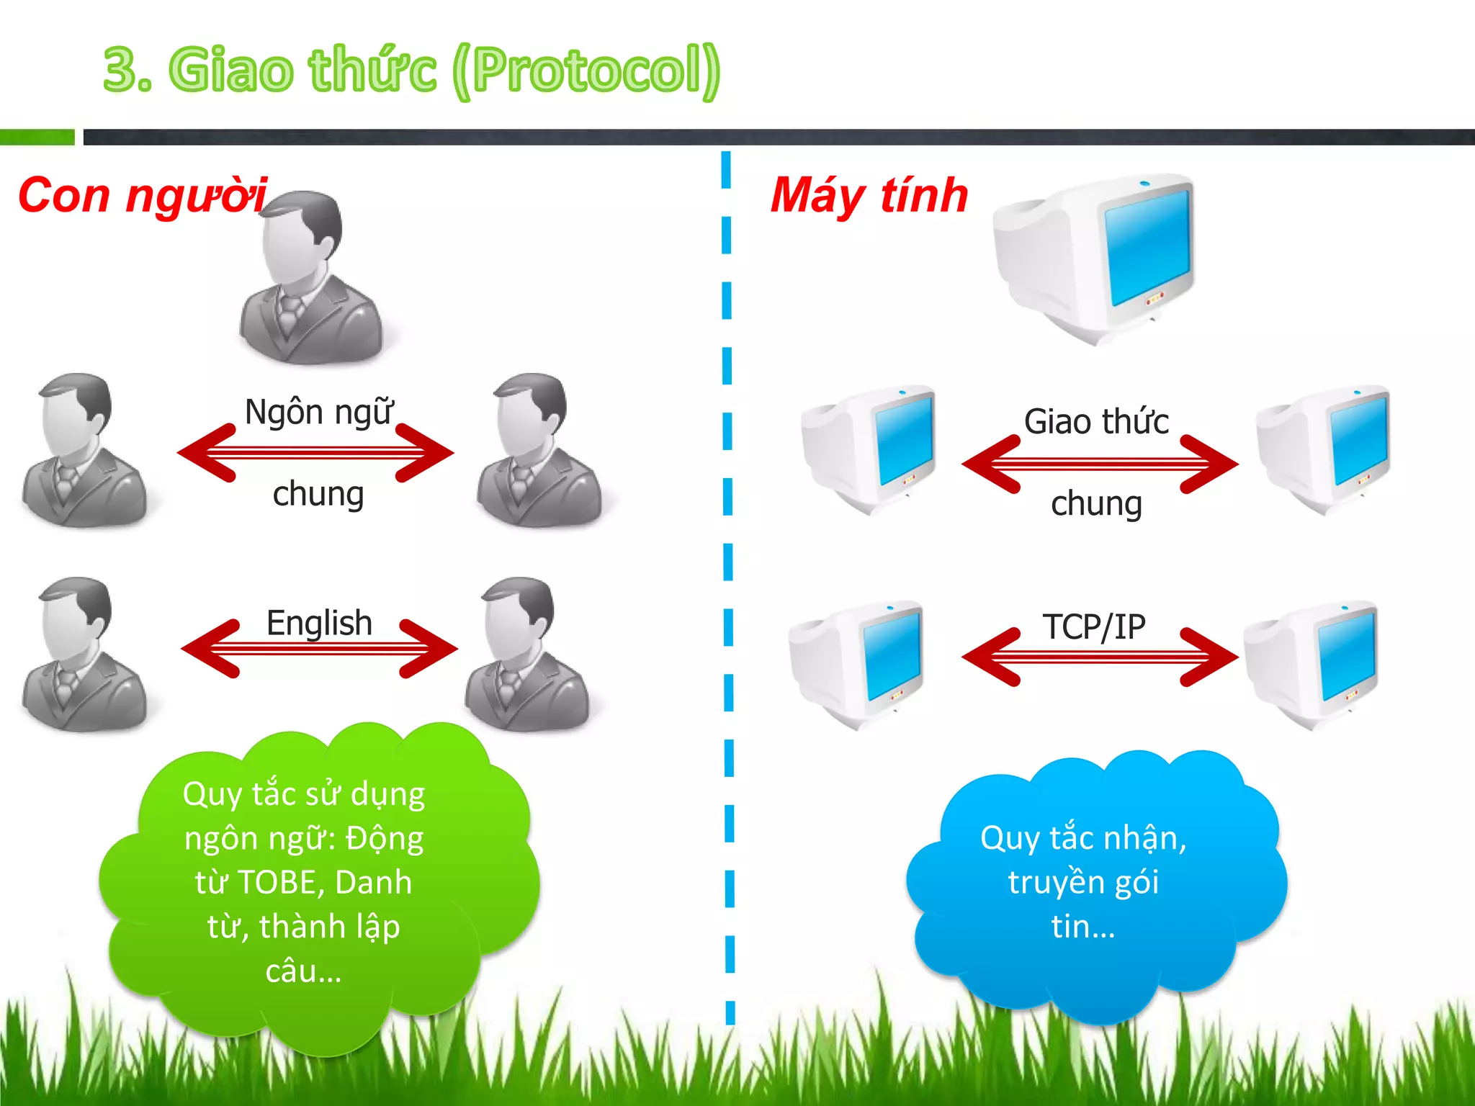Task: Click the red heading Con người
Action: pos(142,195)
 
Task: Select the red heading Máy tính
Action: pos(869,195)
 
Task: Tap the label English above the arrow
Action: pos(319,623)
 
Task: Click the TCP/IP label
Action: pos(1093,626)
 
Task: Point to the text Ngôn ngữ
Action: pos(319,413)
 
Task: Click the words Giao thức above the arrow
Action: pos(1096,422)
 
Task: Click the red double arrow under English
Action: pos(319,649)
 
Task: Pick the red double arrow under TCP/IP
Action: pos(1099,657)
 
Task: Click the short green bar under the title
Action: pos(37,137)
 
